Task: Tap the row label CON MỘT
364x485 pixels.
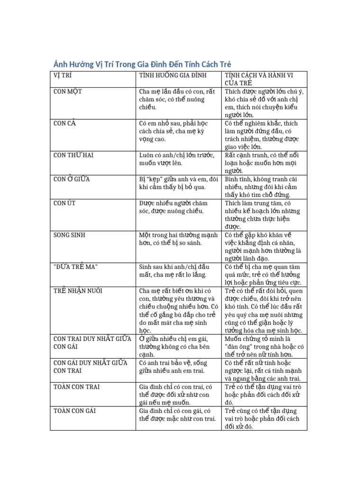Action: pyautogui.click(x=68, y=91)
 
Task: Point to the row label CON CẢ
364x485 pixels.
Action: pyautogui.click(x=65, y=123)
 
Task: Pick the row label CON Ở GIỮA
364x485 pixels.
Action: pyautogui.click(x=72, y=179)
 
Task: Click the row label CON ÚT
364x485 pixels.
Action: pyautogui.click(x=64, y=203)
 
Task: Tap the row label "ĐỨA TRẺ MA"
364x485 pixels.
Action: pyautogui.click(x=75, y=267)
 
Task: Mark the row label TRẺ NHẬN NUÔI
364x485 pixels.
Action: pyautogui.click(x=78, y=290)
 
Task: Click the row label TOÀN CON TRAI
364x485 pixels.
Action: pyautogui.click(x=76, y=387)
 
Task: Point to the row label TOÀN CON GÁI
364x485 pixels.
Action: pyautogui.click(x=75, y=411)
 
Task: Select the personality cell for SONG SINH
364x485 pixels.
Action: pyautogui.click(x=264, y=247)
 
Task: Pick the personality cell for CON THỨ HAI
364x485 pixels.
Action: pyautogui.click(x=264, y=163)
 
